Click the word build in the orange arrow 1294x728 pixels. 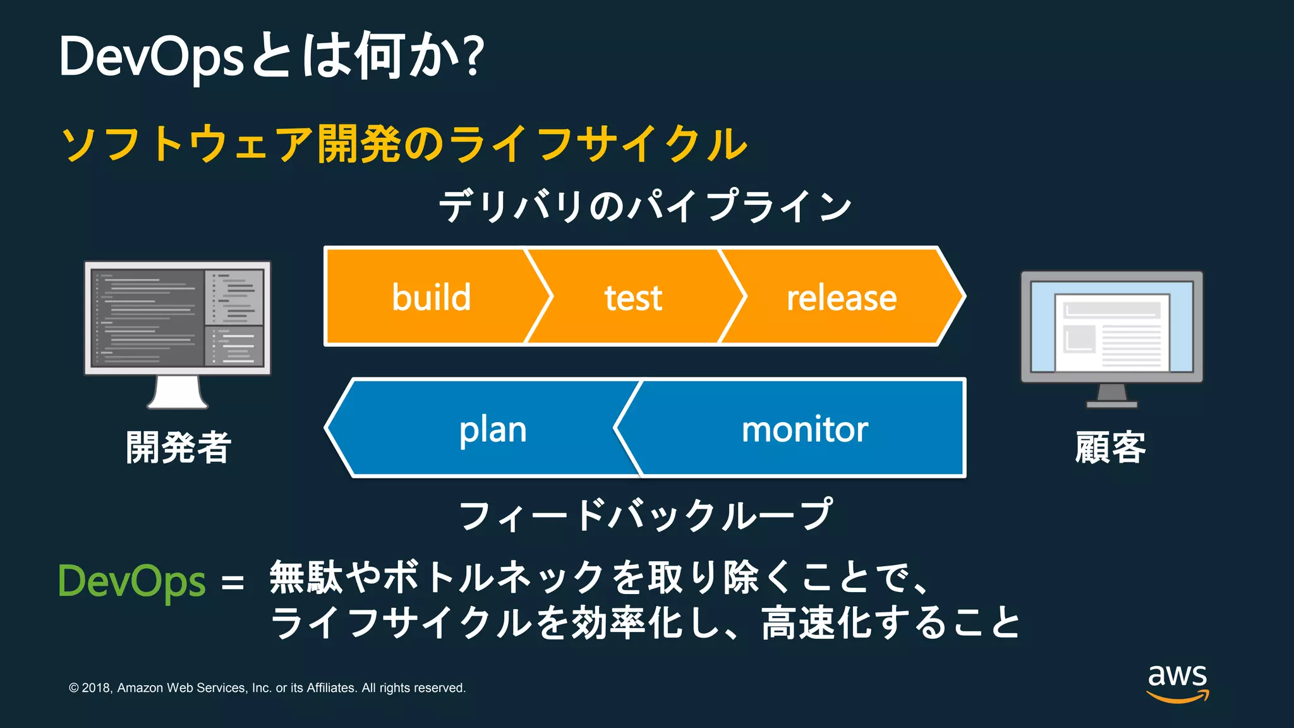432,297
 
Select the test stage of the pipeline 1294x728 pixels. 633,298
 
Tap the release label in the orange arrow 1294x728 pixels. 841,298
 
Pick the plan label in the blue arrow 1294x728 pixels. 493,430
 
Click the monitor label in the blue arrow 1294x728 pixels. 804,430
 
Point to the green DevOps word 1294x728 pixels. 132,581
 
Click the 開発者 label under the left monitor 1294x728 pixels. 179,447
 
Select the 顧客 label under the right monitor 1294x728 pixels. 1111,447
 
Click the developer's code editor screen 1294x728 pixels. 177,318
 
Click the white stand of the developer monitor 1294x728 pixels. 178,393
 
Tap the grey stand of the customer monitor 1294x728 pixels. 1112,396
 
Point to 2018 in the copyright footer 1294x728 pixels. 96,688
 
